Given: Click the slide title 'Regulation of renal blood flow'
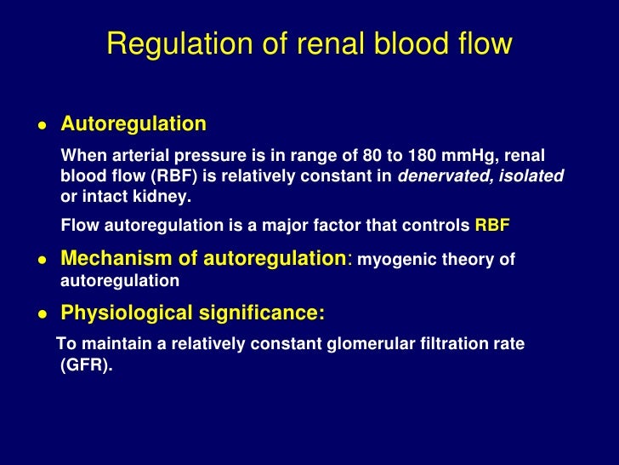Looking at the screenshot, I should tap(309, 44).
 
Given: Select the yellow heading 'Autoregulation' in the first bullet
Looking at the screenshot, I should tap(133, 124).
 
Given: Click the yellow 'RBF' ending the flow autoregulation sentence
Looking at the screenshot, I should tap(491, 226).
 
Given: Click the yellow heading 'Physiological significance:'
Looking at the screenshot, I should tap(192, 314).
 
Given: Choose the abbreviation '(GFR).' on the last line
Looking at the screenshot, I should tap(86, 365).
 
